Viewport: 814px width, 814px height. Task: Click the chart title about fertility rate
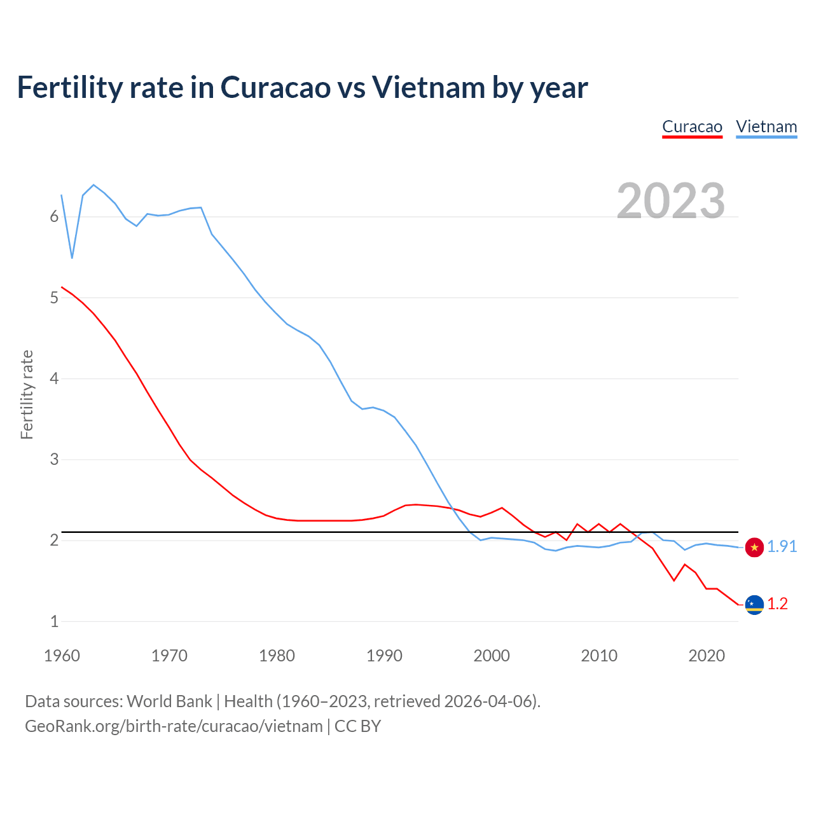click(x=302, y=88)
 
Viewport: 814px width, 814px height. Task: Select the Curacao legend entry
click(x=692, y=127)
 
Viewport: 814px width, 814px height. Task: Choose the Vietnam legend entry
click(x=766, y=127)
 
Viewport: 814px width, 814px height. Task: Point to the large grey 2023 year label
click(x=671, y=201)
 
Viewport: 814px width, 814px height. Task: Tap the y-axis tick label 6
click(x=54, y=217)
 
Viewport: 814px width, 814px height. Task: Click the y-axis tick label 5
click(x=54, y=298)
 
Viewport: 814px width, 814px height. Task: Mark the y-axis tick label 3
click(x=54, y=459)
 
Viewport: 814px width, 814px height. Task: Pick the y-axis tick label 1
click(x=54, y=621)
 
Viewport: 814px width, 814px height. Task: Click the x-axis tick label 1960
click(x=62, y=656)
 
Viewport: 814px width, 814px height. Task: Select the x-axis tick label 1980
click(x=277, y=656)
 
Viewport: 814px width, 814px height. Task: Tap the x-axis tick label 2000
click(x=492, y=656)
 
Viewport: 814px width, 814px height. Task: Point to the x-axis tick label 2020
click(x=707, y=656)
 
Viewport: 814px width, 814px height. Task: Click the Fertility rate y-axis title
click(x=27, y=394)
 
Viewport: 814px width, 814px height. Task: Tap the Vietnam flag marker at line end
click(x=754, y=548)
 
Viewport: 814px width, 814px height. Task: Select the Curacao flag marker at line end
click(x=754, y=604)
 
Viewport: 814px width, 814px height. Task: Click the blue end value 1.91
click(x=782, y=547)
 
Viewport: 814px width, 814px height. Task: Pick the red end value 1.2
click(x=777, y=604)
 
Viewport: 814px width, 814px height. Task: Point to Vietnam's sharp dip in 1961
click(x=72, y=257)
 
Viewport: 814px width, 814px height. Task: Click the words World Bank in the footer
click(x=169, y=701)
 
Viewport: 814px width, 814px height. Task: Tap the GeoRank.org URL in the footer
click(x=174, y=726)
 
